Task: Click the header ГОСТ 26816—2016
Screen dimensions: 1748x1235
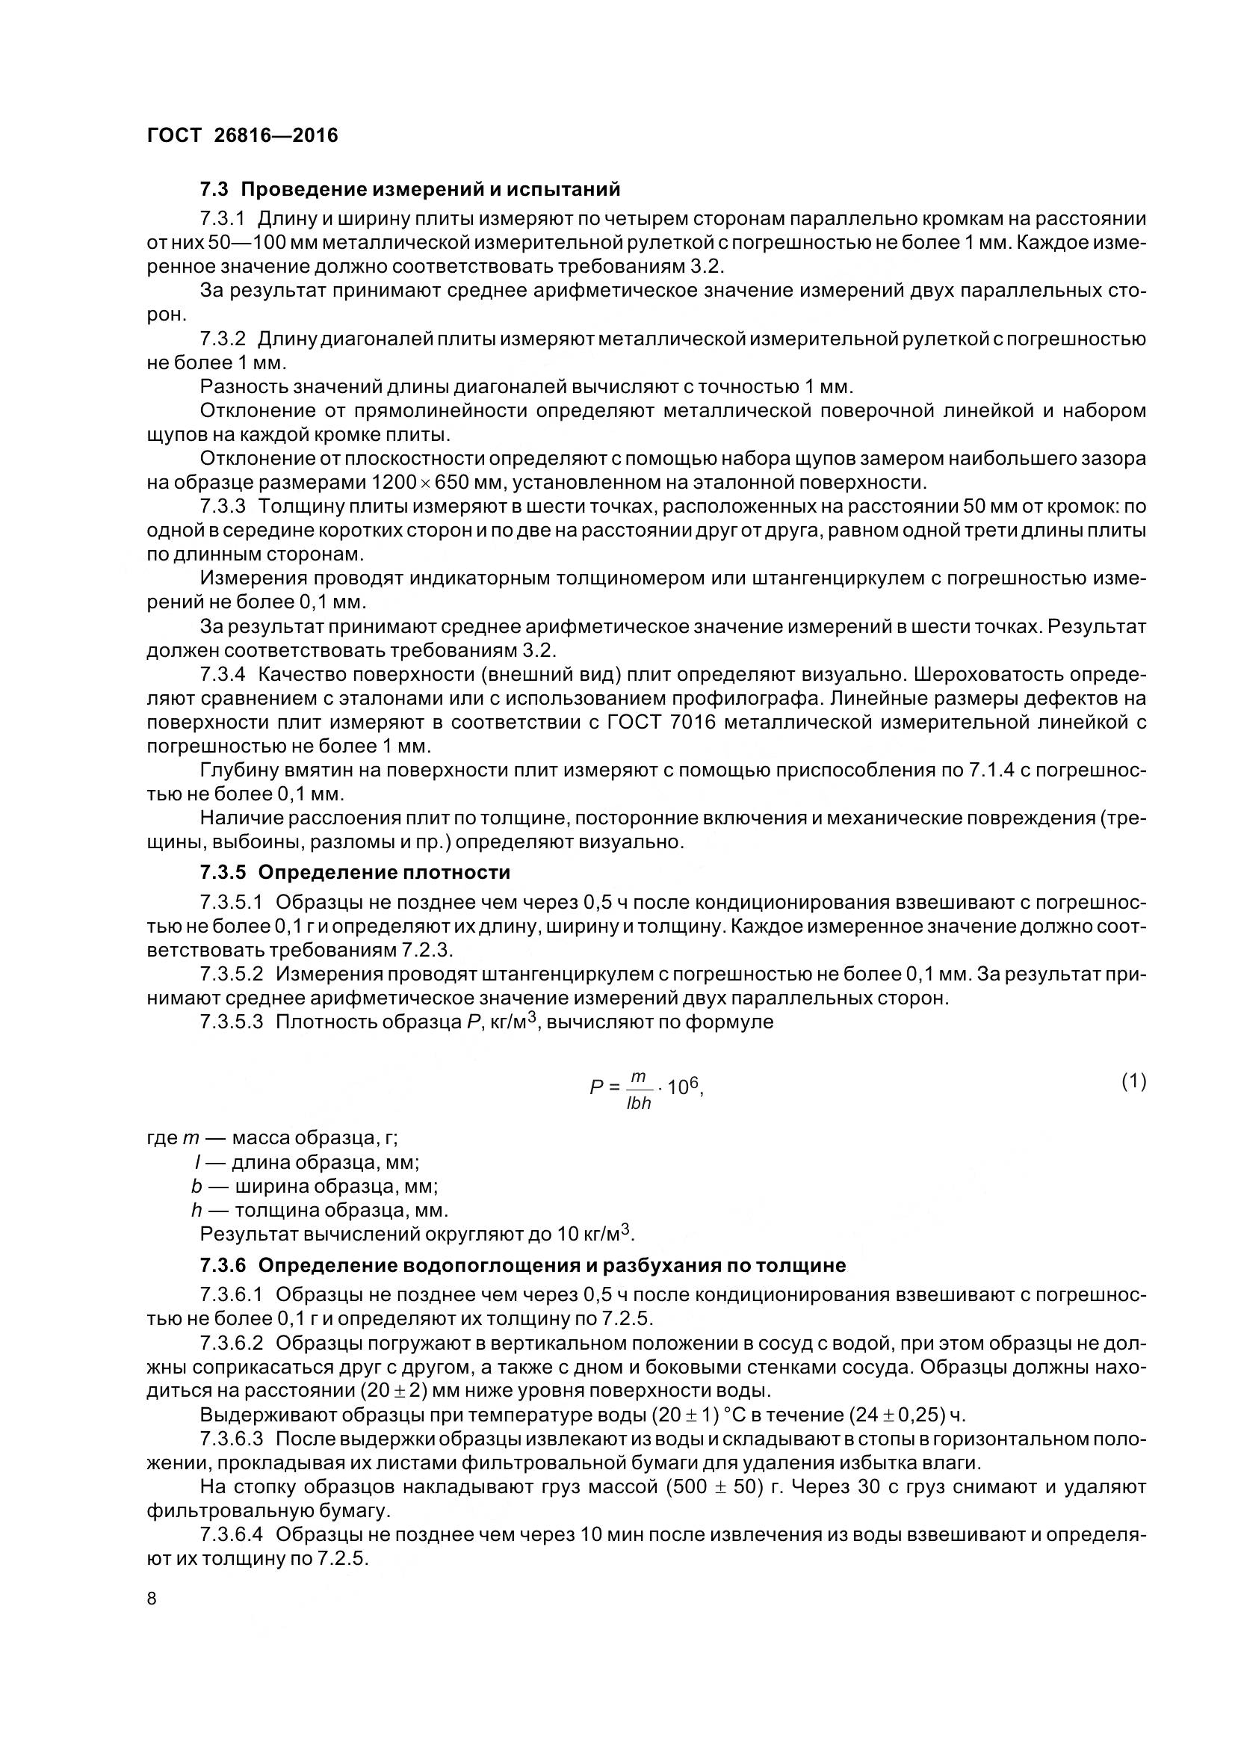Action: click(x=242, y=135)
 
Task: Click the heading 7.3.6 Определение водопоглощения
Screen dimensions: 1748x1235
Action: click(x=523, y=1265)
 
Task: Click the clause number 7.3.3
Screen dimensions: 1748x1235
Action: click(x=222, y=506)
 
